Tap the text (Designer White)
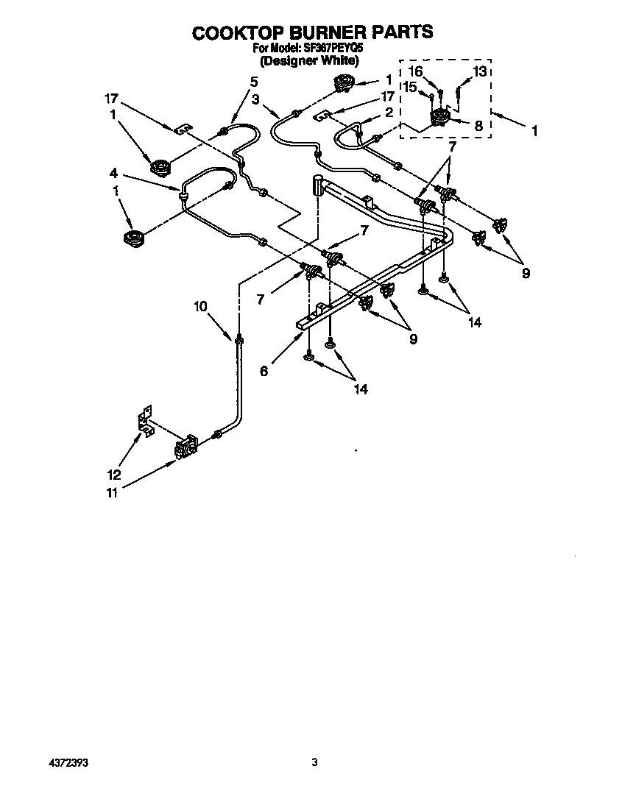click(312, 61)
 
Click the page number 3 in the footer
click(314, 763)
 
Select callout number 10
click(201, 308)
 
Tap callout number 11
click(111, 493)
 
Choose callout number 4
click(113, 174)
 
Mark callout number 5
click(254, 81)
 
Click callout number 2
click(387, 112)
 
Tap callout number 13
click(479, 71)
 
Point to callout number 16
click(416, 71)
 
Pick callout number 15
click(410, 87)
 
